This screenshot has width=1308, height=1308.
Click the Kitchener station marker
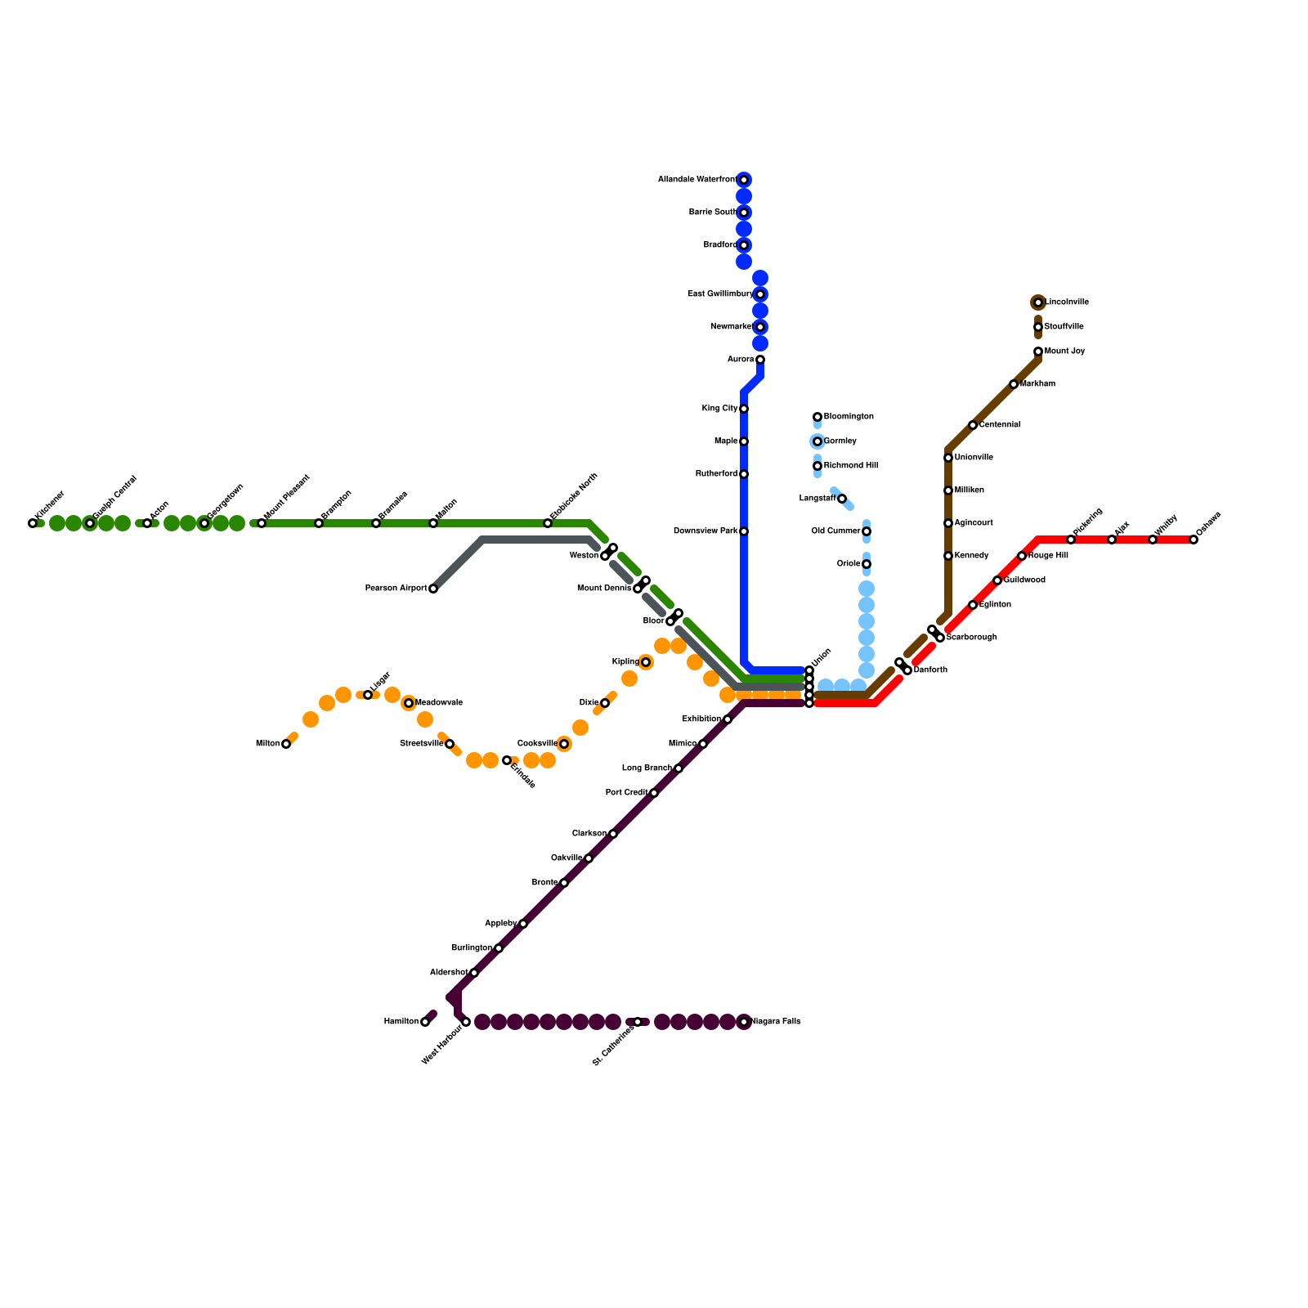pos(33,523)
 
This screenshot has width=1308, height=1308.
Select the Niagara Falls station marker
pos(744,1022)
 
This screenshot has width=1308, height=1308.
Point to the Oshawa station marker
pos(1194,540)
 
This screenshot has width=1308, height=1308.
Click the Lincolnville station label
pos(1067,302)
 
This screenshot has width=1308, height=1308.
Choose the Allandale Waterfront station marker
pos(744,180)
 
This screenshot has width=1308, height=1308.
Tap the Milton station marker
pos(286,744)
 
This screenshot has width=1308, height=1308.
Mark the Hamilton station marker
pos(425,1022)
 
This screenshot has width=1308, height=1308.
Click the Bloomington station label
pos(849,417)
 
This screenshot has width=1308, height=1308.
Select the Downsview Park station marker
pos(744,531)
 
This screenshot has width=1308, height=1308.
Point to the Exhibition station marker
pos(728,719)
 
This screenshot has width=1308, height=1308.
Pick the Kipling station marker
pos(646,662)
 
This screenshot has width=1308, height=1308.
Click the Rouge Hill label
pos(1048,556)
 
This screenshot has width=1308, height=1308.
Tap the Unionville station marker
pos(948,458)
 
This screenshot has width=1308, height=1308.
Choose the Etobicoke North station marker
pos(548,523)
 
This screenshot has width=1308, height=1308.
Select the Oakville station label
pos(567,858)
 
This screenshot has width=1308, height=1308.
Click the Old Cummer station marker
pos(867,531)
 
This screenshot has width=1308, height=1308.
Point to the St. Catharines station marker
pos(638,1022)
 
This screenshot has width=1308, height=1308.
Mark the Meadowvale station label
pos(439,703)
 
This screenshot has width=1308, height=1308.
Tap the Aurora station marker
pos(760,360)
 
